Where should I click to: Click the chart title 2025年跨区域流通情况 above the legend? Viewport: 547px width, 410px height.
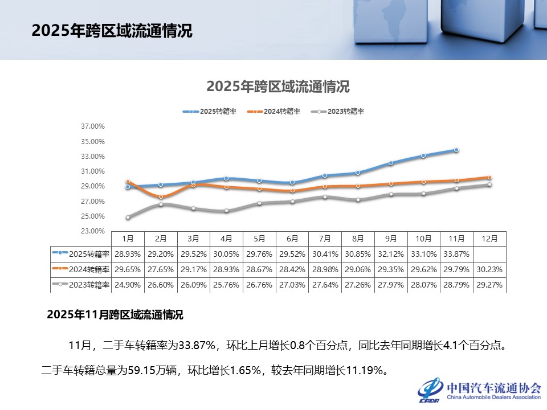click(277, 87)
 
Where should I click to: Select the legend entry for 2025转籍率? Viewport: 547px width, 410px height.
click(210, 112)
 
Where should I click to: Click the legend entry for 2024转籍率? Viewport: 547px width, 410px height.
click(273, 112)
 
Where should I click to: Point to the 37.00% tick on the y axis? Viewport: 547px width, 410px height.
click(93, 126)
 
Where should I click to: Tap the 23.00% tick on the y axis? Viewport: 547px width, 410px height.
click(93, 231)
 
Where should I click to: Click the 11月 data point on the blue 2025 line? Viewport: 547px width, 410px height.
click(456, 150)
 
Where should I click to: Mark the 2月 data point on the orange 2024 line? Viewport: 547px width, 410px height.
click(161, 196)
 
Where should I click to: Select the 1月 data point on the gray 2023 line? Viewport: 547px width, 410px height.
click(128, 217)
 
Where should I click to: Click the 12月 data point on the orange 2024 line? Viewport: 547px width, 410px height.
click(489, 178)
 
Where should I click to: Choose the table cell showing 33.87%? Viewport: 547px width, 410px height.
click(456, 254)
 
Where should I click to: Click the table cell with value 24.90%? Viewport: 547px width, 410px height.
click(128, 285)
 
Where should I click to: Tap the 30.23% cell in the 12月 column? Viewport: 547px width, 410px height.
click(489, 269)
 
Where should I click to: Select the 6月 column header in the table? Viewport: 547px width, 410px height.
click(292, 239)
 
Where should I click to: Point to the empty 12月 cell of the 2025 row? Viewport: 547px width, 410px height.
click(489, 254)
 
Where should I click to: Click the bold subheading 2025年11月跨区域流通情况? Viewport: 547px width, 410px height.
click(115, 314)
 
